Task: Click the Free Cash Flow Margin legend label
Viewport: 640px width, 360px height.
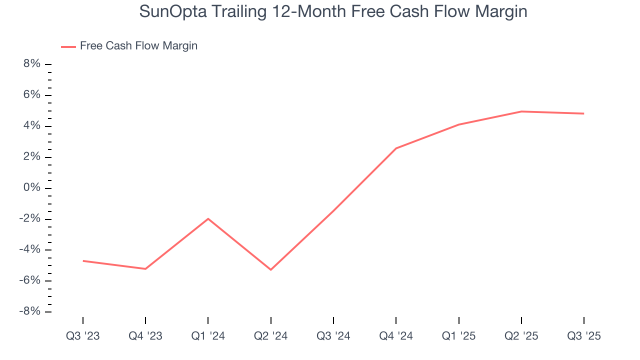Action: [x=138, y=46]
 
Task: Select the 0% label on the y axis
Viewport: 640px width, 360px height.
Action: [x=31, y=188]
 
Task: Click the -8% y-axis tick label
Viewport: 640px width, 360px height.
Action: [x=29, y=311]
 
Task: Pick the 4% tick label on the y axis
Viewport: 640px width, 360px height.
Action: [x=31, y=126]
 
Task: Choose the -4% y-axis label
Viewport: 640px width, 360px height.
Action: [x=29, y=249]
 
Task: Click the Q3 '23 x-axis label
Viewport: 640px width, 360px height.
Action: [x=83, y=336]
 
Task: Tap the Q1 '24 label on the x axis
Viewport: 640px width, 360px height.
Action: [x=208, y=336]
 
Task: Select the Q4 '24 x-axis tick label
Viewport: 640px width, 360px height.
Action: [x=396, y=336]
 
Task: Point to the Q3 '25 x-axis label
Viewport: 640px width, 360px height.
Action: [x=583, y=336]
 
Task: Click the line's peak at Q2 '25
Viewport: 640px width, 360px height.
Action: [x=521, y=111]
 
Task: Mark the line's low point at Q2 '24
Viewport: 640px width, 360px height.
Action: [x=270, y=269]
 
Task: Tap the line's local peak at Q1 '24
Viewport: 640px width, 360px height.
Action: [x=208, y=218]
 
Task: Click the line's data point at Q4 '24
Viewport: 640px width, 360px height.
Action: [x=396, y=148]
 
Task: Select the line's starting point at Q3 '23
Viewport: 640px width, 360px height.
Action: [x=83, y=260]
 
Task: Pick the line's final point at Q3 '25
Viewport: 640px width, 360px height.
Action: [x=583, y=113]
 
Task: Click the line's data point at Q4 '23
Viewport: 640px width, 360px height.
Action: [x=145, y=269]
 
